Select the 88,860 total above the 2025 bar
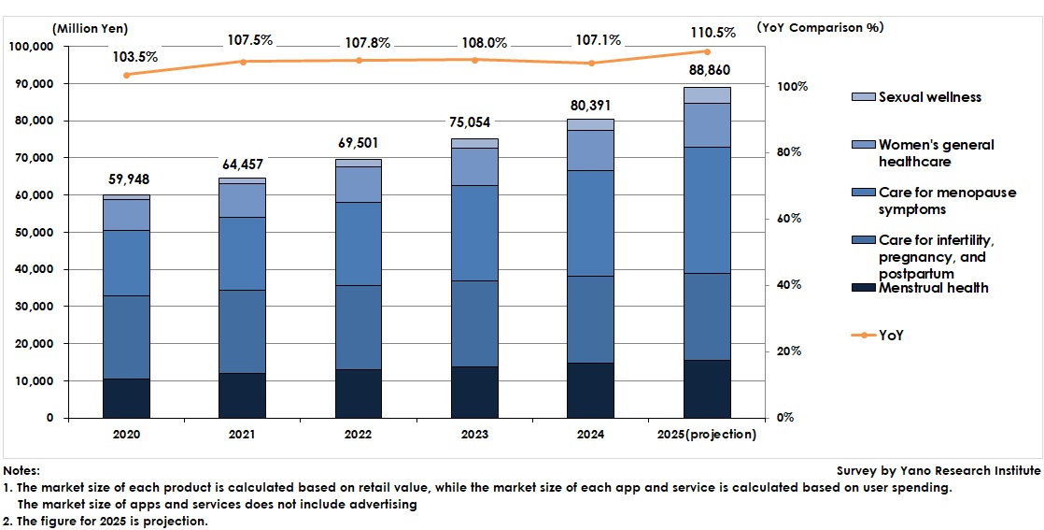pyautogui.click(x=707, y=73)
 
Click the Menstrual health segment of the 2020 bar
pyautogui.click(x=126, y=398)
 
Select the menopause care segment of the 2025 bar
pyautogui.click(x=707, y=209)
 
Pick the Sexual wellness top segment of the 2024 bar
pyautogui.click(x=590, y=124)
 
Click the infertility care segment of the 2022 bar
pyautogui.click(x=359, y=327)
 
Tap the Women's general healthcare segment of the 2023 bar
pyautogui.click(x=474, y=166)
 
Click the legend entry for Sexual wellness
pyautogui.click(x=929, y=97)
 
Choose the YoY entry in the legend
pyautogui.click(x=891, y=335)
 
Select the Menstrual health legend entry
pyautogui.click(x=933, y=288)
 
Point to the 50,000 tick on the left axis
pyautogui.click(x=32, y=233)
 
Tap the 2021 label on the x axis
pyautogui.click(x=242, y=435)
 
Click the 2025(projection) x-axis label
pyautogui.click(x=707, y=435)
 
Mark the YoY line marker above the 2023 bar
pyautogui.click(x=474, y=60)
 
